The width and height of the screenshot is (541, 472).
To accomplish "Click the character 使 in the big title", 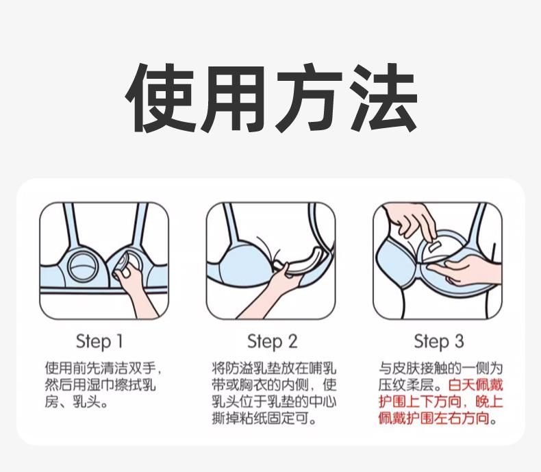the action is tap(160, 98).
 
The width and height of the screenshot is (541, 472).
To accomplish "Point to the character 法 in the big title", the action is tap(382, 98).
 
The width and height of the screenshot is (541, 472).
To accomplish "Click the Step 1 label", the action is tap(99, 341).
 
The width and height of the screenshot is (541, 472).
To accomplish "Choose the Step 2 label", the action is tap(273, 341).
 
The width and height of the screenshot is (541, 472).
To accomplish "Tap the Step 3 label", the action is tap(439, 341).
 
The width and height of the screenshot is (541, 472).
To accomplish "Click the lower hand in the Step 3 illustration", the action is tap(462, 271).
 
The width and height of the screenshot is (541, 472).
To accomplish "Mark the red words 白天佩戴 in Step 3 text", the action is tap(476, 385).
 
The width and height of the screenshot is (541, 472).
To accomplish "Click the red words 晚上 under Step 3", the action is tap(489, 401).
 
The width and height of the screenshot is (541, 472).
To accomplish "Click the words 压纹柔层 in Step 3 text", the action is tap(406, 385).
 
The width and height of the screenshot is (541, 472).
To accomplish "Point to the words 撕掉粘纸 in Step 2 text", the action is tap(239, 419).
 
